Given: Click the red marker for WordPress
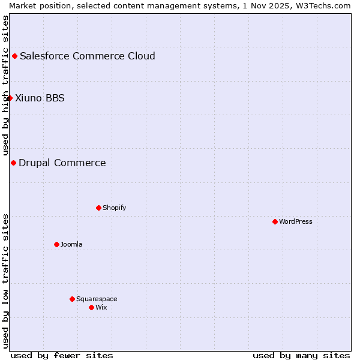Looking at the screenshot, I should point(275,221).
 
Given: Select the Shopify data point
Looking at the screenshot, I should point(98,208).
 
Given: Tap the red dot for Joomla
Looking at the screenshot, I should point(56,244).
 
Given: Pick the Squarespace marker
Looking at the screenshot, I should point(72,299).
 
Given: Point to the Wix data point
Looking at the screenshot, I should point(91,307).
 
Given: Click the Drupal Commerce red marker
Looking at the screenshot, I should point(13,163).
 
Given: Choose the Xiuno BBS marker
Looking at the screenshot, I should point(10,98).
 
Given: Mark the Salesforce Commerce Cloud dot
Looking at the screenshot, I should point(14,56).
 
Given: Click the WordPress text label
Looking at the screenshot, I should point(296,221).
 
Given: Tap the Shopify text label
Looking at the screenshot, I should point(115,208).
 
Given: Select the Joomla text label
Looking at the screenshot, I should point(71,244).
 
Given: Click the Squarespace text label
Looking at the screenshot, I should point(97,299).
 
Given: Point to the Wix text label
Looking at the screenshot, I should point(101,307).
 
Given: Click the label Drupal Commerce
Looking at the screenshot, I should point(62,163).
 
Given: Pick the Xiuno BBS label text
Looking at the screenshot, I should point(40,98).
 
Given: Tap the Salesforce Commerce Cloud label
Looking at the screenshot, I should point(88,56).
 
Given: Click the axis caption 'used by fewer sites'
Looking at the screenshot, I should point(62,355).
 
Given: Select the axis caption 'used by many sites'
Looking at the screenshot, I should point(301,355).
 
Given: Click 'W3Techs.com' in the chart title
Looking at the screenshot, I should point(324,5).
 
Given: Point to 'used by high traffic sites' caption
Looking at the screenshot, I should point(5,85).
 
